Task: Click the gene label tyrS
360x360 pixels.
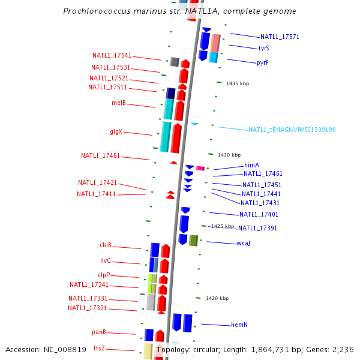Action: click(263, 48)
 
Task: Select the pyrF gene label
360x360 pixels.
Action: click(262, 62)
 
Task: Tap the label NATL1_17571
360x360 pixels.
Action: click(280, 37)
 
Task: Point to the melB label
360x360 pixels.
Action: click(119, 103)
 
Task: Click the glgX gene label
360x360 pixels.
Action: click(116, 131)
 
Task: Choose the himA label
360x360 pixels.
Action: click(251, 165)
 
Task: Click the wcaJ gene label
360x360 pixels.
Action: click(243, 243)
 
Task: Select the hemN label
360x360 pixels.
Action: click(239, 325)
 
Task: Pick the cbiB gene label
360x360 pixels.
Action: click(106, 245)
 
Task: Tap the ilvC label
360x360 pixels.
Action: click(105, 261)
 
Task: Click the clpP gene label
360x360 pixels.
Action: click(104, 275)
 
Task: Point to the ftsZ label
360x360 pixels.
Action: click(99, 348)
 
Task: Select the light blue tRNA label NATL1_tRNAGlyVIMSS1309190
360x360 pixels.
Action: click(292, 130)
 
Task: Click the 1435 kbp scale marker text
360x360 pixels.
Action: click(238, 83)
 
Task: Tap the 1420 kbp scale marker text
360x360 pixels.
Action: click(217, 298)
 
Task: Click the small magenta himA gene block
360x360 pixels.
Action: click(200, 169)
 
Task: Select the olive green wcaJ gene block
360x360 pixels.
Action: click(193, 241)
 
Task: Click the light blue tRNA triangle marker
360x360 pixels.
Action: click(194, 124)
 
